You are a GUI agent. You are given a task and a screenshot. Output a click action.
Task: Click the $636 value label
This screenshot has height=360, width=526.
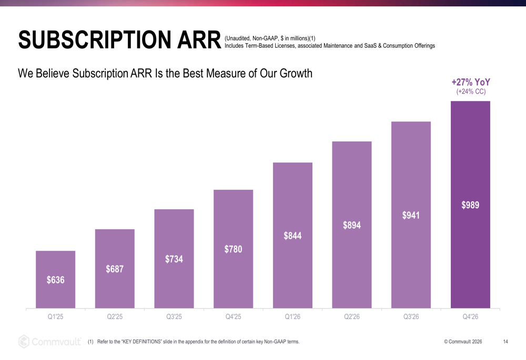coord(56,280)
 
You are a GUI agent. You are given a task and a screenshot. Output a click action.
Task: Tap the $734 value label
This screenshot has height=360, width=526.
coord(174,259)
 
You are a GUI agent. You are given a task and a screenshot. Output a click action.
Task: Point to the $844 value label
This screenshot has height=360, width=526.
coord(292,236)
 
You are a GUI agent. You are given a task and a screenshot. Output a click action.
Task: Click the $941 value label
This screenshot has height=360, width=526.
coord(411,215)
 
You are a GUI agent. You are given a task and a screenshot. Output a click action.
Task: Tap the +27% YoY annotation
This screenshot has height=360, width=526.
coord(470,83)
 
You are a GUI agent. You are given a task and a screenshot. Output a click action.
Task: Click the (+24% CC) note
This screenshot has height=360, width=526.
coord(470,91)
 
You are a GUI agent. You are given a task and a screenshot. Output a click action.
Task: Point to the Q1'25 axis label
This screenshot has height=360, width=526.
coord(56,316)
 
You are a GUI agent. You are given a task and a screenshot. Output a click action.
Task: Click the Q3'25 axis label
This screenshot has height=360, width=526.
coord(174,316)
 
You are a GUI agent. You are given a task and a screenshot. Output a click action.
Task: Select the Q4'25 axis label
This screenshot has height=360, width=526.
coord(233,316)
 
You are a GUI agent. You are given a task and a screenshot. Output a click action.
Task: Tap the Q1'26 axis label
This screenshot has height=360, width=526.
coord(292,316)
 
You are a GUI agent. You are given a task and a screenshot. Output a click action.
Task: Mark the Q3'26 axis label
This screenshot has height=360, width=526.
coord(411,316)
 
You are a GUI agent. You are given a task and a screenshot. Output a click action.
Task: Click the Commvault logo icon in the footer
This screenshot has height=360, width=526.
coord(24,342)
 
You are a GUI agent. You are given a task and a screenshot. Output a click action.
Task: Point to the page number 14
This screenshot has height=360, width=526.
coord(505,342)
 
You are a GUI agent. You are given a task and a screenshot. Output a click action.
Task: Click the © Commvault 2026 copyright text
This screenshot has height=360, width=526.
coord(463,342)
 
